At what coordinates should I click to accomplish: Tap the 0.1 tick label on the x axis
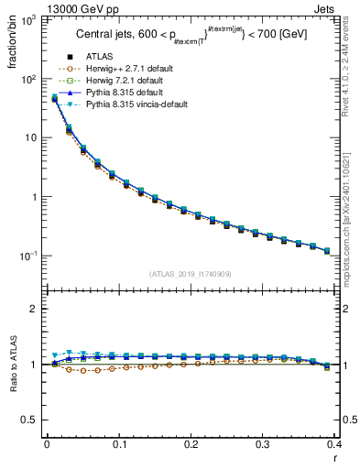119,444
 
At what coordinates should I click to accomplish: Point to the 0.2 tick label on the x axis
191,444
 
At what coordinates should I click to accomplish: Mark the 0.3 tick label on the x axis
264,444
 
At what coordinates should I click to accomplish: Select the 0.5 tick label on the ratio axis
32,420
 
